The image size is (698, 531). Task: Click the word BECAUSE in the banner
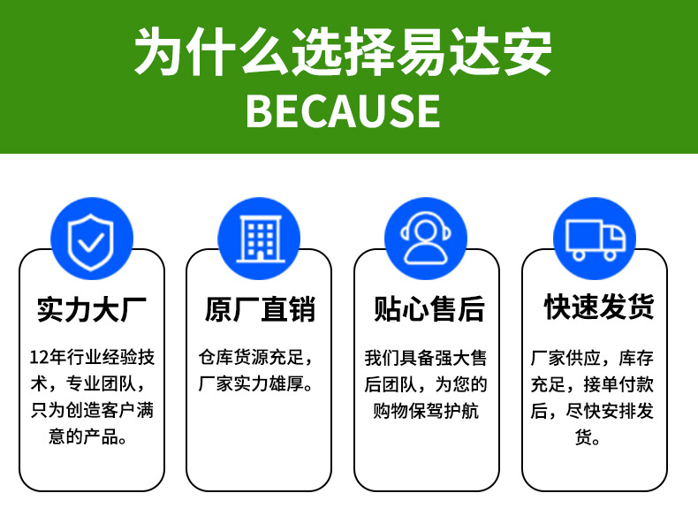343,110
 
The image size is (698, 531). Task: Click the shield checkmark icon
92,237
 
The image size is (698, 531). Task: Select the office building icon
259,237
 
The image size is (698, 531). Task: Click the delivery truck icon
594,237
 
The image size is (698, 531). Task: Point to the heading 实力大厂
92,309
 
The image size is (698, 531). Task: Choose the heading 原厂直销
259,309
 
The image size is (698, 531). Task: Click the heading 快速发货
599,307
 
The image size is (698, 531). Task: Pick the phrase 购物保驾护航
426,411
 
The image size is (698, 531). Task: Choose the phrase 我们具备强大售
426,358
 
